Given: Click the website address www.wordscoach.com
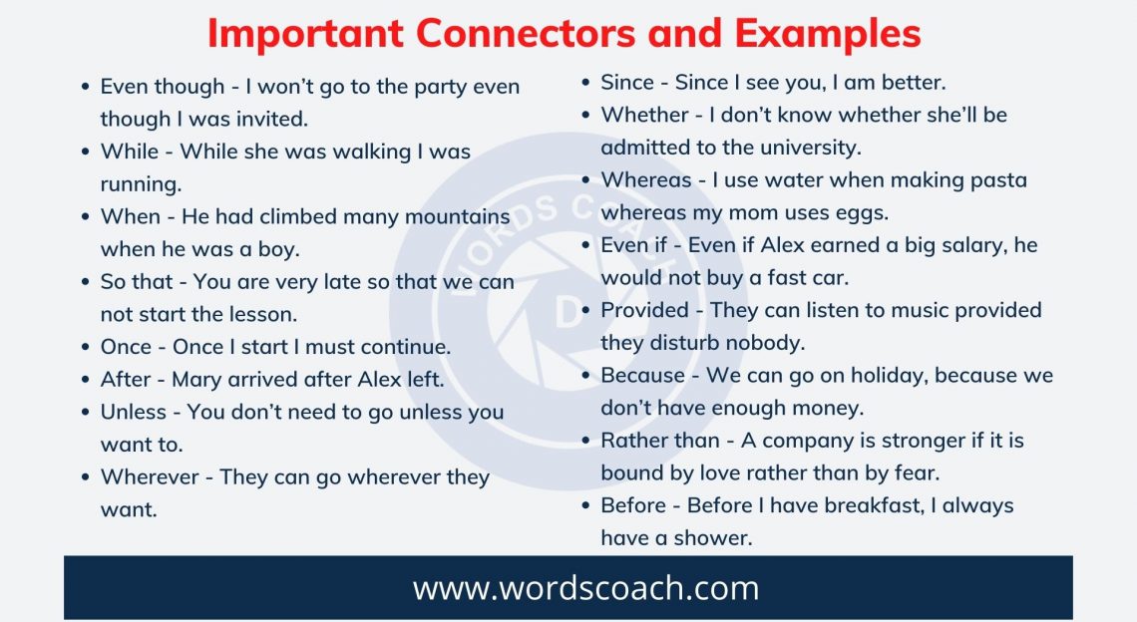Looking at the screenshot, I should [x=585, y=587].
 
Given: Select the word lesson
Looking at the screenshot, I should [x=262, y=314].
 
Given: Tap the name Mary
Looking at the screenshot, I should [x=196, y=380].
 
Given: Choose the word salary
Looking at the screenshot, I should [x=962, y=245].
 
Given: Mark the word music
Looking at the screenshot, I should [x=908, y=310].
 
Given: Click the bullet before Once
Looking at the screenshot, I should [x=86, y=348].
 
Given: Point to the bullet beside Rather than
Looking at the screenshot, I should [x=586, y=442].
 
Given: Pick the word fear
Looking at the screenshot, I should [x=917, y=472].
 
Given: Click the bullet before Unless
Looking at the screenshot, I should [x=86, y=413].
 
